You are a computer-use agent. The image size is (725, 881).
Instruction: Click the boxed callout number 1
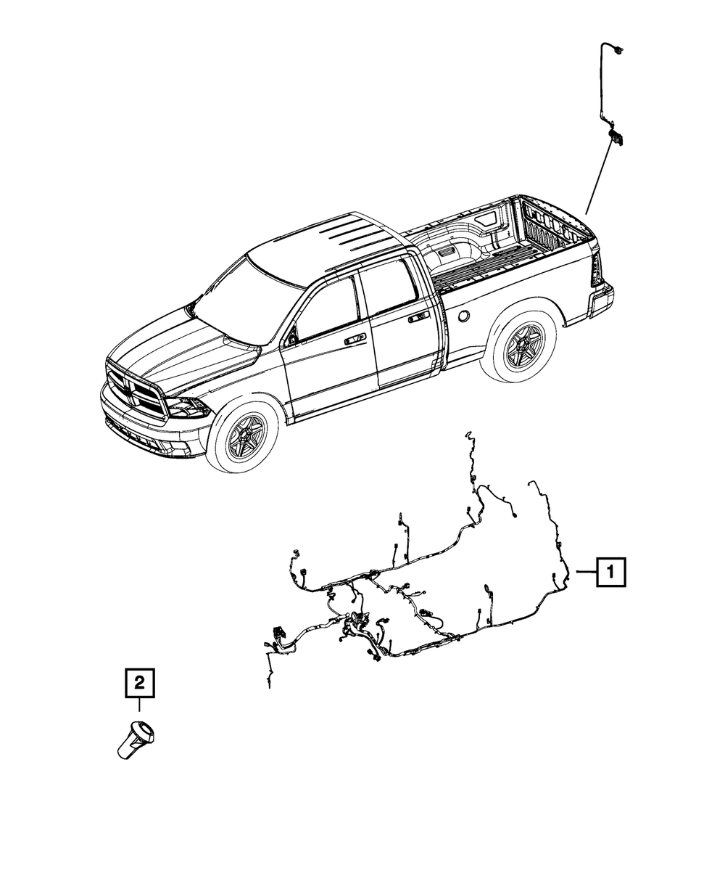pyautogui.click(x=610, y=573)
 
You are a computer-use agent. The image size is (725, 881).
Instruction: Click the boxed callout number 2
pyautogui.click(x=140, y=682)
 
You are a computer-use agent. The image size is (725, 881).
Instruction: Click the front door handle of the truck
pyautogui.click(x=355, y=340)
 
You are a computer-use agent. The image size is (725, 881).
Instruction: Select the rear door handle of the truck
pyautogui.click(x=418, y=318)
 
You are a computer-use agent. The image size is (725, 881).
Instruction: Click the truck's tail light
pyautogui.click(x=597, y=271)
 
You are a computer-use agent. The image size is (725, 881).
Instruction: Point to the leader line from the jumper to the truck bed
pyautogui.click(x=596, y=178)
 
